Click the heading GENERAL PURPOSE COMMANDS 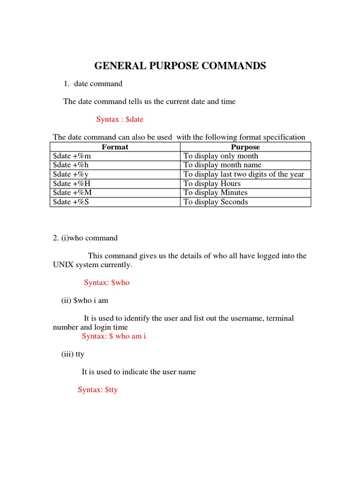click(x=180, y=66)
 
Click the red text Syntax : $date click(x=120, y=120)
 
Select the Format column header click(x=115, y=147)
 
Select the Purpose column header click(x=245, y=147)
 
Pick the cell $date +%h click(x=72, y=165)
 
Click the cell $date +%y click(x=72, y=174)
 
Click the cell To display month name click(x=222, y=165)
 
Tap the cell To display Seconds click(x=216, y=202)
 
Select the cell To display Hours click(x=212, y=184)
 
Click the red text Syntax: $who click(x=106, y=283)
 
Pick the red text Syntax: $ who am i click(x=114, y=337)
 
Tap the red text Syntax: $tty click(x=97, y=390)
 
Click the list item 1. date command click(x=93, y=84)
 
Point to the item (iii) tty click(x=73, y=354)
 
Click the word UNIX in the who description click(x=63, y=265)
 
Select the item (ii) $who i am click(x=85, y=300)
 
